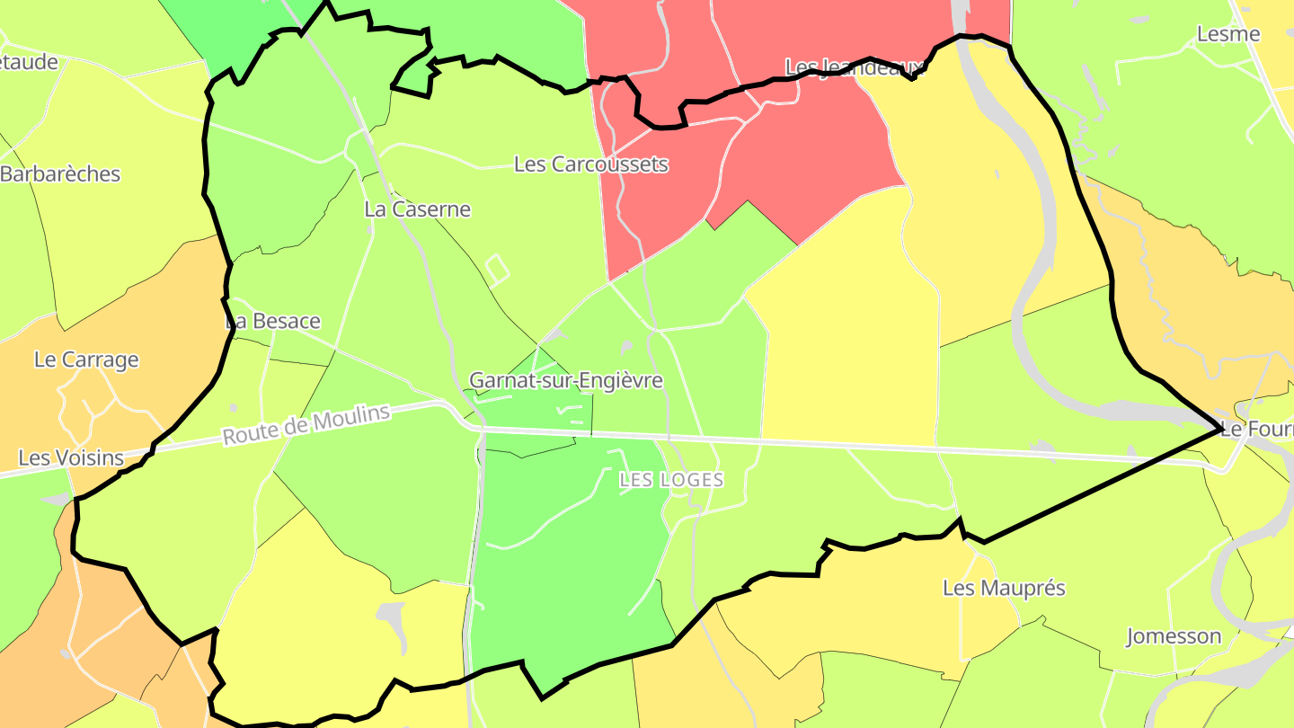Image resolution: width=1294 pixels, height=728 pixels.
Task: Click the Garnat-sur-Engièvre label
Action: pyautogui.click(x=566, y=380)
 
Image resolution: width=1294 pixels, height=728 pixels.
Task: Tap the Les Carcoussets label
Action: pyautogui.click(x=590, y=164)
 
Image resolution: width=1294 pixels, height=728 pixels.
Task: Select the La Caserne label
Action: pyautogui.click(x=417, y=209)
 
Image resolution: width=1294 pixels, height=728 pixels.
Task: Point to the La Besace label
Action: pyautogui.click(x=272, y=321)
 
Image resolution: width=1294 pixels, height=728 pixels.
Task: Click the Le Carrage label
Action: pyautogui.click(x=86, y=360)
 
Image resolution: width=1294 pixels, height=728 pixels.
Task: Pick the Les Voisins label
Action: pyautogui.click(x=71, y=457)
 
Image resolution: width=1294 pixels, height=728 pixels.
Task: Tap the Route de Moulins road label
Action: pyautogui.click(x=306, y=424)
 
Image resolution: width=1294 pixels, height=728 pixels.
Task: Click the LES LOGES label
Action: pyautogui.click(x=671, y=480)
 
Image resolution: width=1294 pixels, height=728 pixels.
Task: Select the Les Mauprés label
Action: pyautogui.click(x=1004, y=588)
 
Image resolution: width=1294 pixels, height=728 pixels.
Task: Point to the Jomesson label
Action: pyautogui.click(x=1174, y=636)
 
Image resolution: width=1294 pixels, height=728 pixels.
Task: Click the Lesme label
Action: pyautogui.click(x=1228, y=34)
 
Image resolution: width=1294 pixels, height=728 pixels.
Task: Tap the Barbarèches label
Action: pyautogui.click(x=60, y=173)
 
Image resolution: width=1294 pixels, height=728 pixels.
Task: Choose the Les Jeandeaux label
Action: pyautogui.click(x=855, y=67)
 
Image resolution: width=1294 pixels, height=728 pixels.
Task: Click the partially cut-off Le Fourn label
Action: pyautogui.click(x=1257, y=430)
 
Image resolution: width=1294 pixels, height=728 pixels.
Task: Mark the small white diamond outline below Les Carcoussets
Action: pyautogui.click(x=496, y=267)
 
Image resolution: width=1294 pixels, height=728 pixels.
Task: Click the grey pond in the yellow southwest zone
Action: pyautogui.click(x=392, y=617)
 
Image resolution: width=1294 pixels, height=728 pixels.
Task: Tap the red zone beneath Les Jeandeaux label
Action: pyautogui.click(x=809, y=144)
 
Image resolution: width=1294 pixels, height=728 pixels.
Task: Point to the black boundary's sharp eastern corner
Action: pyautogui.click(x=1220, y=429)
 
